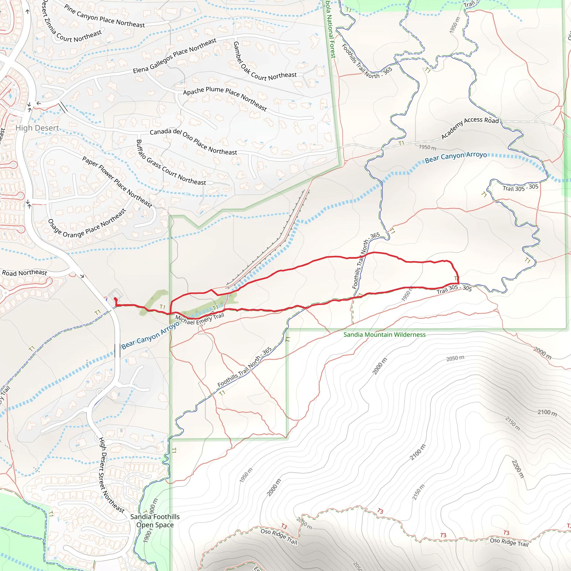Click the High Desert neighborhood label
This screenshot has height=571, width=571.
coord(37,128)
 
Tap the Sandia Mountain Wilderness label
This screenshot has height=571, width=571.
coord(384,335)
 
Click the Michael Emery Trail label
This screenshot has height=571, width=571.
coord(200,320)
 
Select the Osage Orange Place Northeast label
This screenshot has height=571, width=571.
coord(87,225)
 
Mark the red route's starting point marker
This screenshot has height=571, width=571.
coord(115,299)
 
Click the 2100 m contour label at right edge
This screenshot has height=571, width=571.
coord(547,413)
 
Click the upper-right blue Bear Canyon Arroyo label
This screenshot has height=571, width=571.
coord(456,157)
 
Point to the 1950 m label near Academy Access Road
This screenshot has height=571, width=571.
coord(427,147)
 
